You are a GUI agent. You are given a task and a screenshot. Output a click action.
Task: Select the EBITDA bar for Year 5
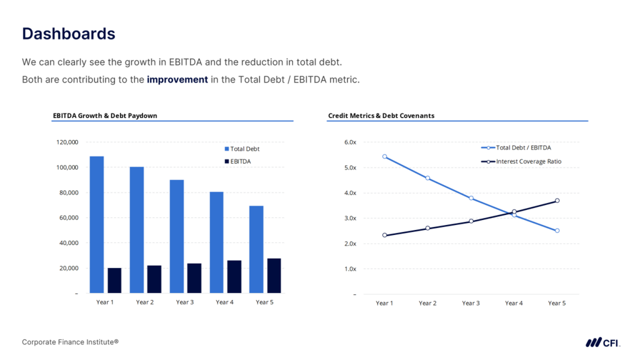click(x=273, y=276)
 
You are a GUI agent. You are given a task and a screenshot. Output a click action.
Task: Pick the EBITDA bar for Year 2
click(x=154, y=279)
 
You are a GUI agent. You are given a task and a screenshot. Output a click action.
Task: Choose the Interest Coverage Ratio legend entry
click(x=528, y=161)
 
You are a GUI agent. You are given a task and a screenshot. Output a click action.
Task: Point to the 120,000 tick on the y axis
click(x=67, y=142)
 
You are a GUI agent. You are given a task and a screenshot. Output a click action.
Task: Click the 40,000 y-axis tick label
click(x=67, y=243)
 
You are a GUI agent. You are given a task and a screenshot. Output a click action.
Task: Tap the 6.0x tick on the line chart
click(x=350, y=142)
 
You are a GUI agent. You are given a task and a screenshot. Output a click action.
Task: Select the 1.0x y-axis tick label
click(x=350, y=269)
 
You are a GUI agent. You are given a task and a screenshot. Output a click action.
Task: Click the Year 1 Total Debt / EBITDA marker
click(x=384, y=156)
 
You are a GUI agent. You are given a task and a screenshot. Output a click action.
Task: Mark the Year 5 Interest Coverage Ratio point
click(x=557, y=201)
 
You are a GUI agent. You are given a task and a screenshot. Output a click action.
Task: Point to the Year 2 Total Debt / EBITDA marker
click(x=427, y=178)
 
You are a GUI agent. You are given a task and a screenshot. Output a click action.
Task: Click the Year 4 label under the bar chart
click(x=225, y=302)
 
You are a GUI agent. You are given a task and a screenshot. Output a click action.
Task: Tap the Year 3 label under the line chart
click(x=471, y=303)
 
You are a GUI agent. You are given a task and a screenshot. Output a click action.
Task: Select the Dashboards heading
click(x=69, y=34)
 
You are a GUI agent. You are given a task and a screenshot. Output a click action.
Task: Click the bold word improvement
click(x=177, y=80)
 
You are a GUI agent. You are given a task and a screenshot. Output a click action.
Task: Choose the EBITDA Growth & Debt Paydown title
click(x=105, y=116)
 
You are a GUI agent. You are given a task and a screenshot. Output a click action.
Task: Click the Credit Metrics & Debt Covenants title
click(x=381, y=116)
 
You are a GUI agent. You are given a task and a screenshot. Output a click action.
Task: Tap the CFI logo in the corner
click(x=602, y=342)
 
